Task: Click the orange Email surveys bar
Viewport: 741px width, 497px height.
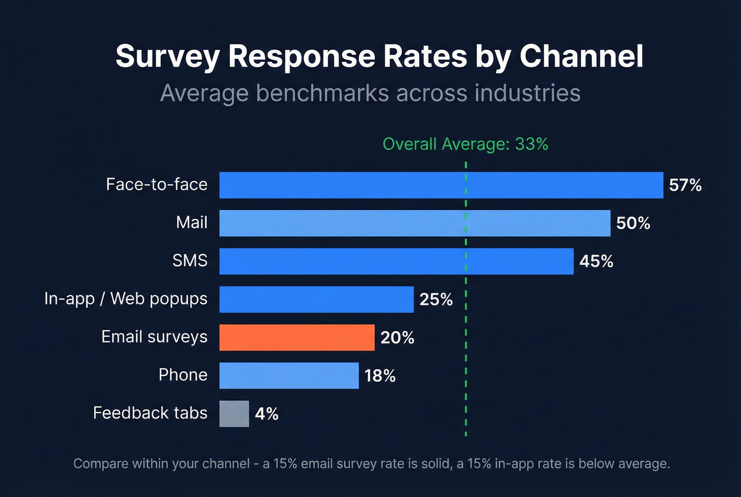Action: point(297,337)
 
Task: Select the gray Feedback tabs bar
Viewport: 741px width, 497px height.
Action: point(234,413)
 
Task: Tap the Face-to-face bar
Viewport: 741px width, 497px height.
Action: point(441,185)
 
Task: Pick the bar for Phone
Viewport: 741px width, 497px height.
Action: point(289,375)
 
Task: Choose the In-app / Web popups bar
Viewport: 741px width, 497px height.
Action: point(316,299)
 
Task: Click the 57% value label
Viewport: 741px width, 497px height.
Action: point(685,185)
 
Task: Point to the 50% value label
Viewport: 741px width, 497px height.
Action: point(633,223)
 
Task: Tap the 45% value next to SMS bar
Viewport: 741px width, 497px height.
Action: point(596,261)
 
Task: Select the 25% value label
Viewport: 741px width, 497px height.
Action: point(436,299)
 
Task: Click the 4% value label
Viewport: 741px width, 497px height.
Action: point(266,413)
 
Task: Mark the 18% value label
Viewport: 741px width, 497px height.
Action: point(379,375)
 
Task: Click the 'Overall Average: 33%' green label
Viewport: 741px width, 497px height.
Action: point(465,144)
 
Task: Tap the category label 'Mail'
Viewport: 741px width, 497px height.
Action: point(192,222)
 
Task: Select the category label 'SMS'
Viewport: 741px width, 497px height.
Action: point(190,260)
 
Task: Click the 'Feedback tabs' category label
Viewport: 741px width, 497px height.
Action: point(150,413)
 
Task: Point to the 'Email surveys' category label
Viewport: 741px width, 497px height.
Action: point(154,337)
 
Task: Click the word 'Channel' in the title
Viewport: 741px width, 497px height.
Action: point(581,56)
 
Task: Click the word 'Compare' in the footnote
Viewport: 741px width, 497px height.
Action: point(101,464)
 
